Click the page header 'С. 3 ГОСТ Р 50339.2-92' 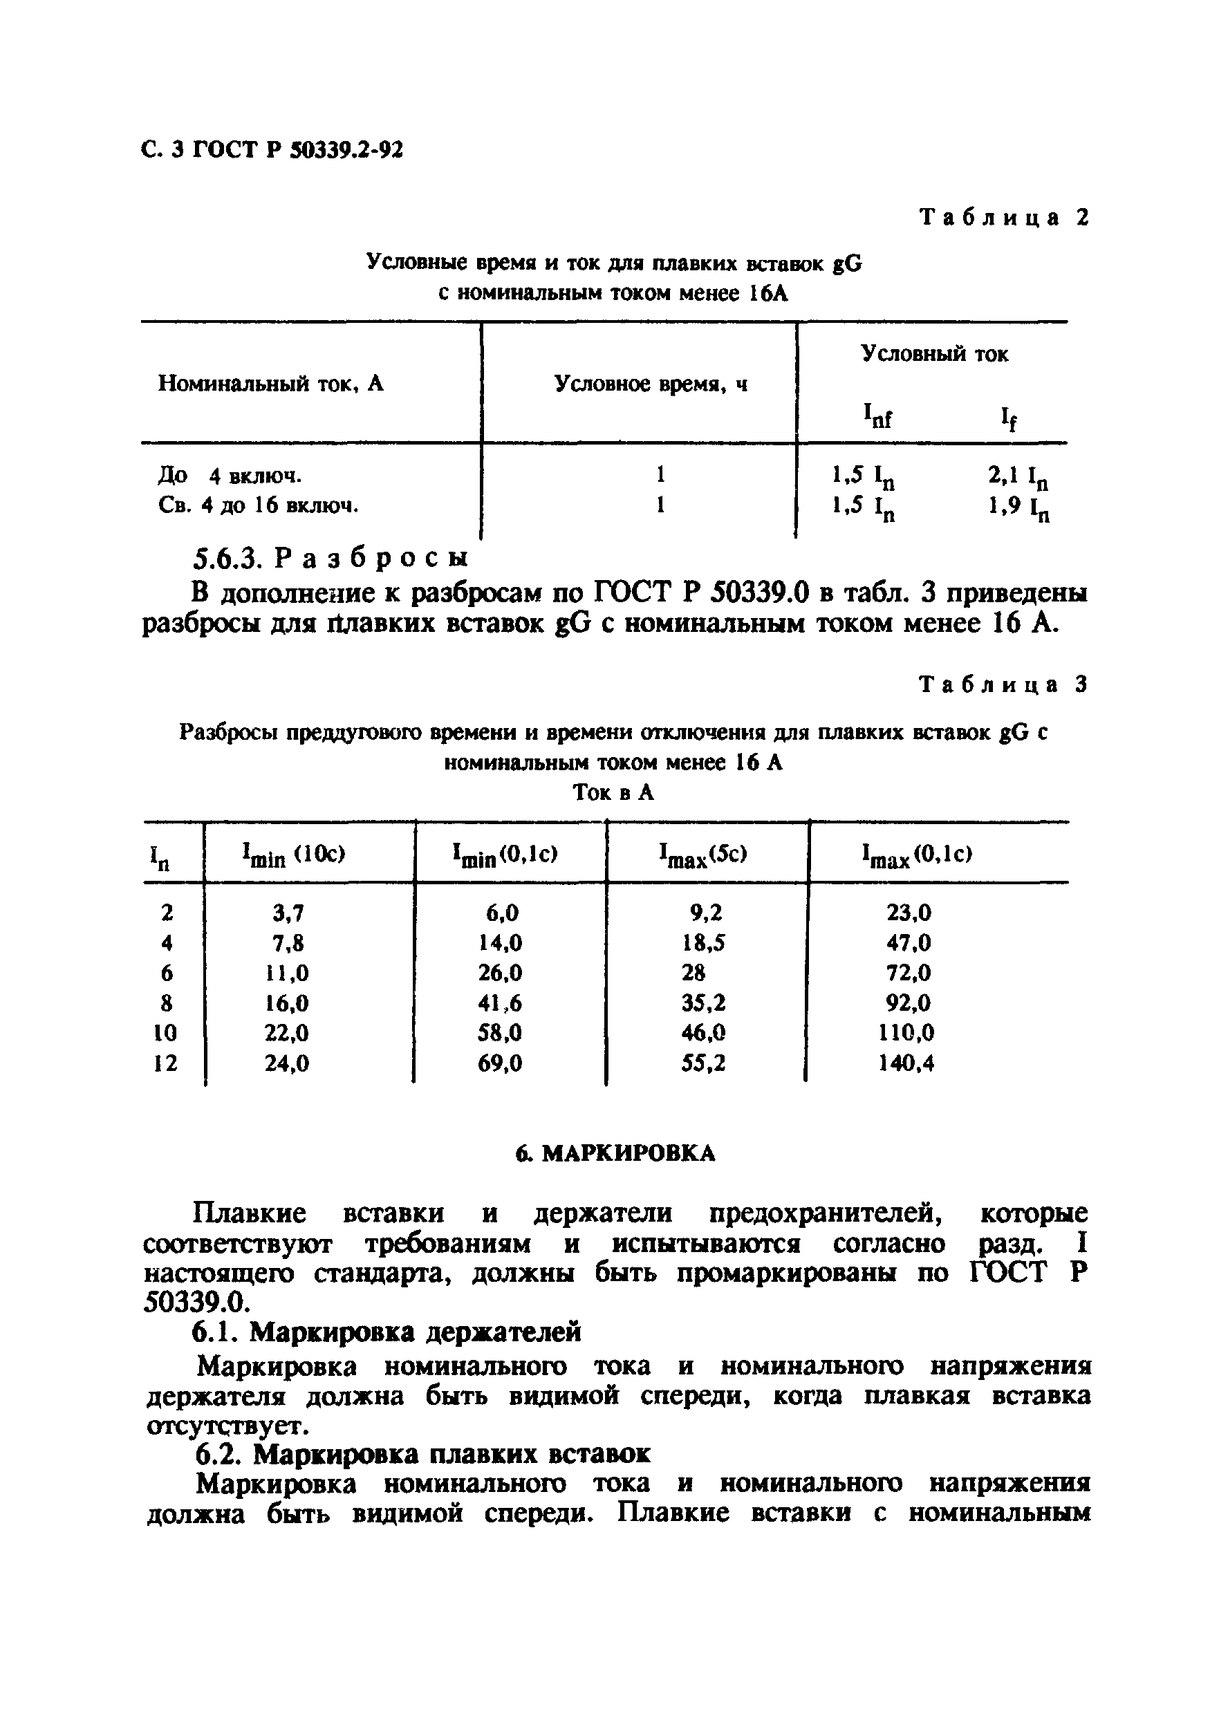[x=272, y=150]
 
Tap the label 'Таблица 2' [x=1005, y=218]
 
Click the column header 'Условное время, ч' [x=650, y=384]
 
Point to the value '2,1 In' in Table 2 [x=1018, y=476]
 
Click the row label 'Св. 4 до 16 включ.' [x=259, y=506]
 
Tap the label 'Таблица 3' [x=1004, y=684]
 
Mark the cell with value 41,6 [x=499, y=1002]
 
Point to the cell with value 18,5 [x=702, y=942]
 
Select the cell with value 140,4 [x=906, y=1063]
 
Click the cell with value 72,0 [x=908, y=972]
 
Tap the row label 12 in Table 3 [x=165, y=1063]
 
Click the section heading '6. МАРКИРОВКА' [x=615, y=1154]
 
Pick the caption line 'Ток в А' [x=613, y=792]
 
